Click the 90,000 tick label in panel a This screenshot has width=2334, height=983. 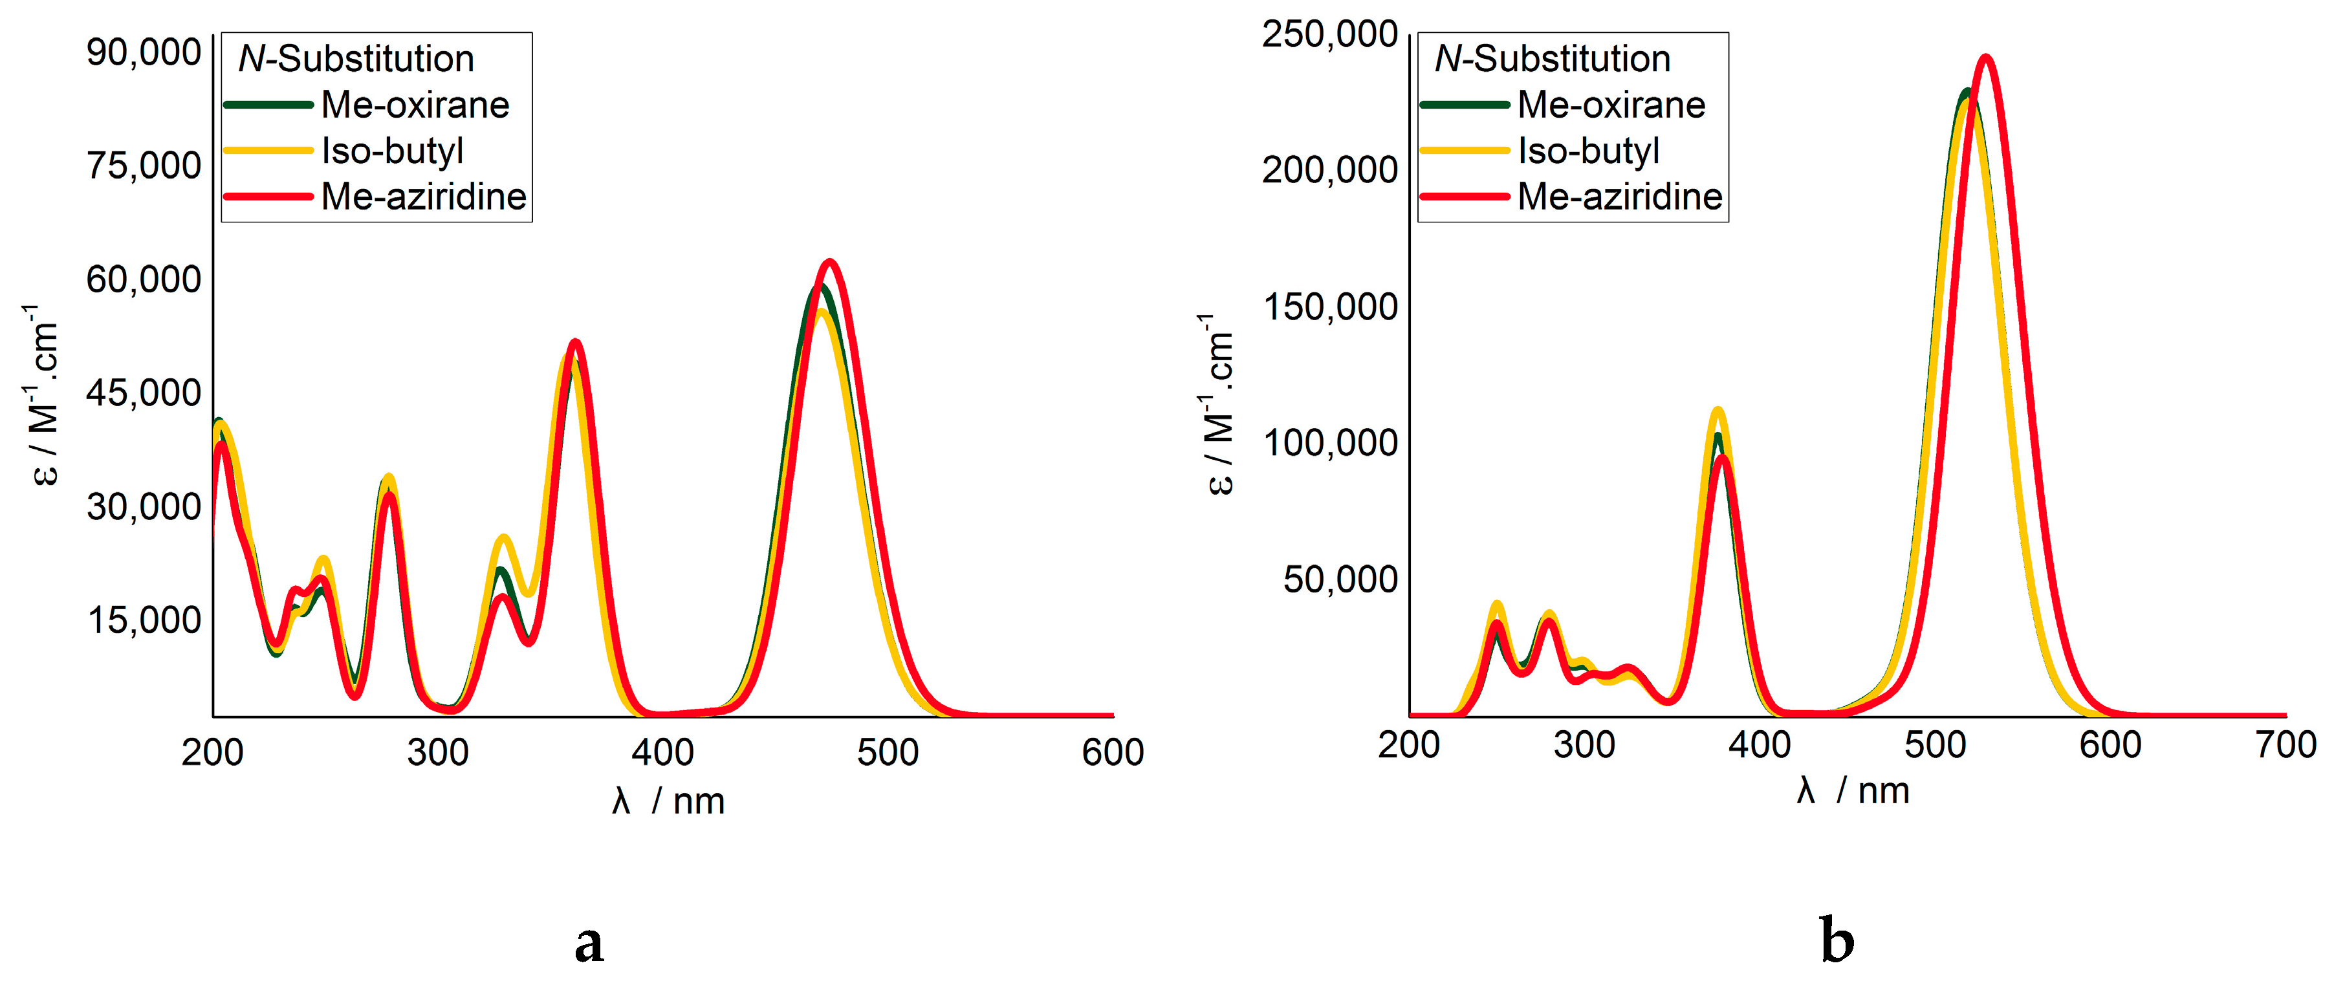[x=143, y=52]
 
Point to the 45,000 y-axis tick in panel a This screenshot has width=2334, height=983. [x=143, y=393]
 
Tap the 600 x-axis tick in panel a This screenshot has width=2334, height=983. [x=1113, y=752]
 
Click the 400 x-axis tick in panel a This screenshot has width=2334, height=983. [x=662, y=752]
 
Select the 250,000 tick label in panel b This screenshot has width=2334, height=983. [x=1329, y=34]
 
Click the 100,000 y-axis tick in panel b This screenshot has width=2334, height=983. [x=1329, y=443]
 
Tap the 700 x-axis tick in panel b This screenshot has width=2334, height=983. [x=2285, y=745]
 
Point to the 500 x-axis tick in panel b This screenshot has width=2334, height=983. [x=1934, y=745]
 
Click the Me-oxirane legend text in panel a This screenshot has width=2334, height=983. [x=415, y=105]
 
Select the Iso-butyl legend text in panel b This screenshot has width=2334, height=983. [x=1588, y=151]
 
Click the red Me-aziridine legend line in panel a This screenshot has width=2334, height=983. [x=268, y=196]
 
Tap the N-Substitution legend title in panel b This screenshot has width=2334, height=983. [x=1552, y=59]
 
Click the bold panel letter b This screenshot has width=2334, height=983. [x=1837, y=942]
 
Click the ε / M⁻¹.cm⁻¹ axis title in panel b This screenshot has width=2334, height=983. [x=1219, y=403]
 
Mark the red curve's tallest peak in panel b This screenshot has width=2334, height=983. [x=1986, y=58]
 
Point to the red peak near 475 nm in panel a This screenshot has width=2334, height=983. [x=829, y=263]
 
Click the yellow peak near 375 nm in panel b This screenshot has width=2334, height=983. [x=1717, y=411]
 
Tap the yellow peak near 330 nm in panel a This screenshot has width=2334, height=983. [x=504, y=538]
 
